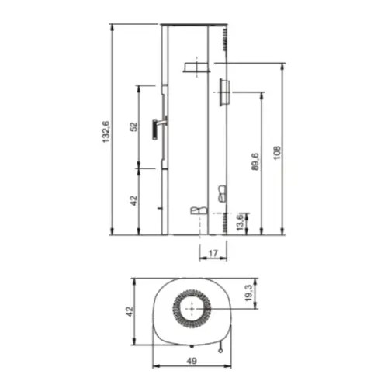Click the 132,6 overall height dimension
(x=106, y=132)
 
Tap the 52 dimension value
(x=133, y=126)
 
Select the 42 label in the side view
(x=133, y=201)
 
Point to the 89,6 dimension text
(x=255, y=161)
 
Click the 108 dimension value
(x=277, y=153)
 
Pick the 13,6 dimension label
(x=240, y=222)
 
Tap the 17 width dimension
(x=213, y=253)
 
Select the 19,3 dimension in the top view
(x=248, y=293)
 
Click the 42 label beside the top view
(x=130, y=311)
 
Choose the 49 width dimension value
(x=192, y=361)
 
